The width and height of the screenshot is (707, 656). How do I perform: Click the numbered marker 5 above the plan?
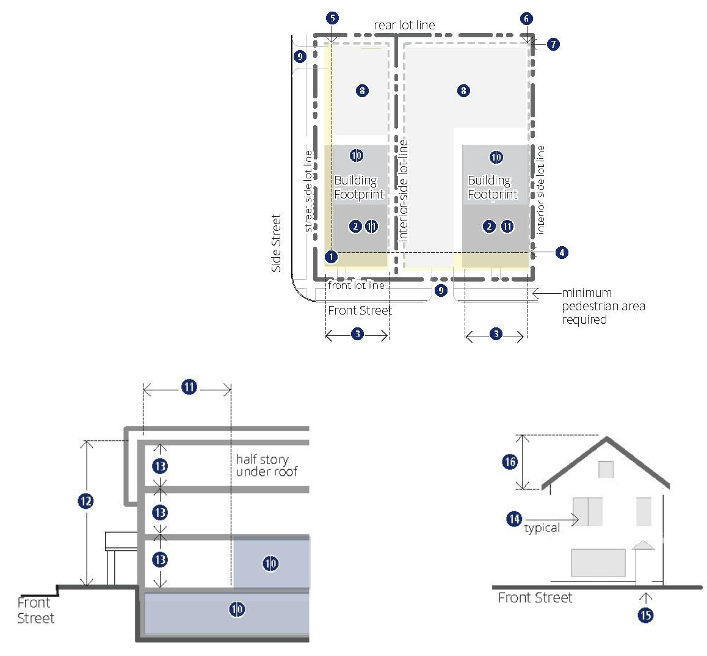pyautogui.click(x=332, y=18)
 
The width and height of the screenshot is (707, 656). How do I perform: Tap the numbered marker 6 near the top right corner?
pyautogui.click(x=526, y=18)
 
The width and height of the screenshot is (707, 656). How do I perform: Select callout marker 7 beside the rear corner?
pyautogui.click(x=553, y=44)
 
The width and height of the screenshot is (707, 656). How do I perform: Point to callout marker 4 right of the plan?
pyautogui.click(x=561, y=253)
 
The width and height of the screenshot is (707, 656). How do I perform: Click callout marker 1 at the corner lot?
pyautogui.click(x=331, y=257)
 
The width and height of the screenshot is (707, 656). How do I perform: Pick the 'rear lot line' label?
pyautogui.click(x=404, y=25)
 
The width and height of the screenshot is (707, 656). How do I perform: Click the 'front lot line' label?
pyautogui.click(x=356, y=286)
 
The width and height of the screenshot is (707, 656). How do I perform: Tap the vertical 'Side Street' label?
pyautogui.click(x=276, y=243)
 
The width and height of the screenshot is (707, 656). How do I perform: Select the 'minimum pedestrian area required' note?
pyautogui.click(x=603, y=306)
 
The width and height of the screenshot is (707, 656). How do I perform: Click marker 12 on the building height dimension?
pyautogui.click(x=85, y=501)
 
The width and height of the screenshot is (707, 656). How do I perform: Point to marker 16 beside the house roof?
pyautogui.click(x=510, y=462)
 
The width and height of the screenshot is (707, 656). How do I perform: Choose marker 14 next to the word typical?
pyautogui.click(x=514, y=519)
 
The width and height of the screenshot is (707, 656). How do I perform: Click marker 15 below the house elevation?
pyautogui.click(x=646, y=615)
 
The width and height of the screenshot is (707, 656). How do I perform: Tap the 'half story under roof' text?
pyautogui.click(x=266, y=465)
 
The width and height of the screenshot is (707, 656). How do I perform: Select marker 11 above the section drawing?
pyautogui.click(x=189, y=387)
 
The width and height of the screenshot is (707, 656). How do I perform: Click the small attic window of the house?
pyautogui.click(x=606, y=470)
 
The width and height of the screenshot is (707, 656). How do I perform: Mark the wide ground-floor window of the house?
pyautogui.click(x=598, y=563)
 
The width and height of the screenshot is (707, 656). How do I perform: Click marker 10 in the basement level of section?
pyautogui.click(x=237, y=610)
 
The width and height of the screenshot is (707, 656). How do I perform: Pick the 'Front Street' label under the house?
pyautogui.click(x=535, y=598)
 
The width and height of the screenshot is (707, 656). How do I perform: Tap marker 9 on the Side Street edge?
pyautogui.click(x=300, y=56)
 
